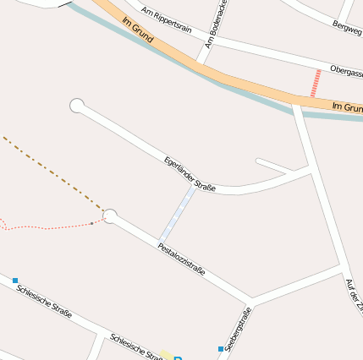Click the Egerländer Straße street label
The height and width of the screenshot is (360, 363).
[190, 172]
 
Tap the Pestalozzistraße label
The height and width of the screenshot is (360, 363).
[181, 259]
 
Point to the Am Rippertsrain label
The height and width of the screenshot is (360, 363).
[167, 21]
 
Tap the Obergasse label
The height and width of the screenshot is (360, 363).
[346, 73]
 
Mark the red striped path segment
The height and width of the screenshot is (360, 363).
[316, 83]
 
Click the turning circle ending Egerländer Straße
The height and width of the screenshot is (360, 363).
[77, 106]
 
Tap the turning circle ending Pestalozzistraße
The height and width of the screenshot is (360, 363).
[110, 216]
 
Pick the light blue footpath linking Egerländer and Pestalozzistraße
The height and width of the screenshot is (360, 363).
[178, 214]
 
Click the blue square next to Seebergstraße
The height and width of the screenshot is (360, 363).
[221, 348]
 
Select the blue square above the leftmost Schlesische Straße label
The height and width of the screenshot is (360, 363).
[15, 280]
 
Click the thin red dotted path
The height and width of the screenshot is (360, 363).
[51, 226]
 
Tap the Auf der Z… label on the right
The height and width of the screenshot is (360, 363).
[354, 296]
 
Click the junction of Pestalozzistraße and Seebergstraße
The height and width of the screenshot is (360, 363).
[250, 302]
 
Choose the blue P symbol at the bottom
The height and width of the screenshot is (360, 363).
[179, 357]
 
